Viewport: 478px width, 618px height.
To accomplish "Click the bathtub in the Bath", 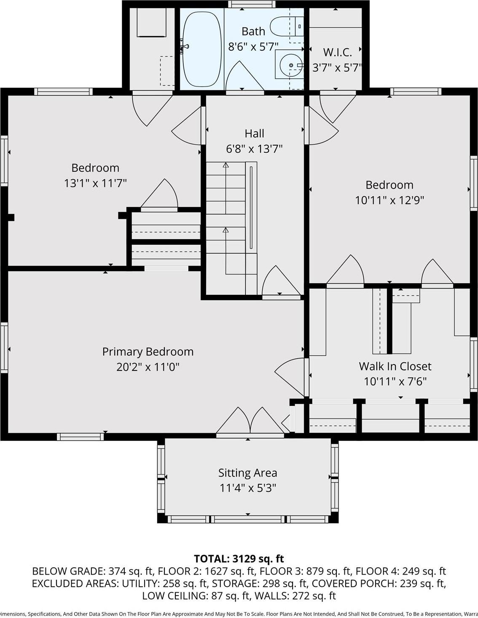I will click(202, 49).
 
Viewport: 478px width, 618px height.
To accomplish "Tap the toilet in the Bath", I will click(286, 26).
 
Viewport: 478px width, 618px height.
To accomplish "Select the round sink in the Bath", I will click(290, 65).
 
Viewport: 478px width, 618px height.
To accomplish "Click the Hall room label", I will click(254, 134).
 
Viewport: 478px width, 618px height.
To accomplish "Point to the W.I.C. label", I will click(337, 52).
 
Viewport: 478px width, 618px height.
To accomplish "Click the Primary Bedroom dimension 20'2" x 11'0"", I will click(148, 367).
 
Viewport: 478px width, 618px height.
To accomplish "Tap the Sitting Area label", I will click(247, 473).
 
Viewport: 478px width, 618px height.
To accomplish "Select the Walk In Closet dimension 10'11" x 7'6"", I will click(395, 382).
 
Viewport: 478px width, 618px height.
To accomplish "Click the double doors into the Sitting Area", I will click(250, 422).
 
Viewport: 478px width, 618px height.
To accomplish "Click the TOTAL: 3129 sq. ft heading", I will click(239, 559).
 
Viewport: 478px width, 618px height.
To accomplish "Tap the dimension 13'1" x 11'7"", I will click(95, 183).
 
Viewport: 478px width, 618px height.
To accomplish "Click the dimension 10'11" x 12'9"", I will click(389, 200).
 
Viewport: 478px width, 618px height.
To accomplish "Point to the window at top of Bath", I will click(243, 4).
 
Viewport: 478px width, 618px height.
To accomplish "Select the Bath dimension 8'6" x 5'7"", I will click(253, 47).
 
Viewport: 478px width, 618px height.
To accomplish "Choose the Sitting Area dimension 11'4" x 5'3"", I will click(247, 488).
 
